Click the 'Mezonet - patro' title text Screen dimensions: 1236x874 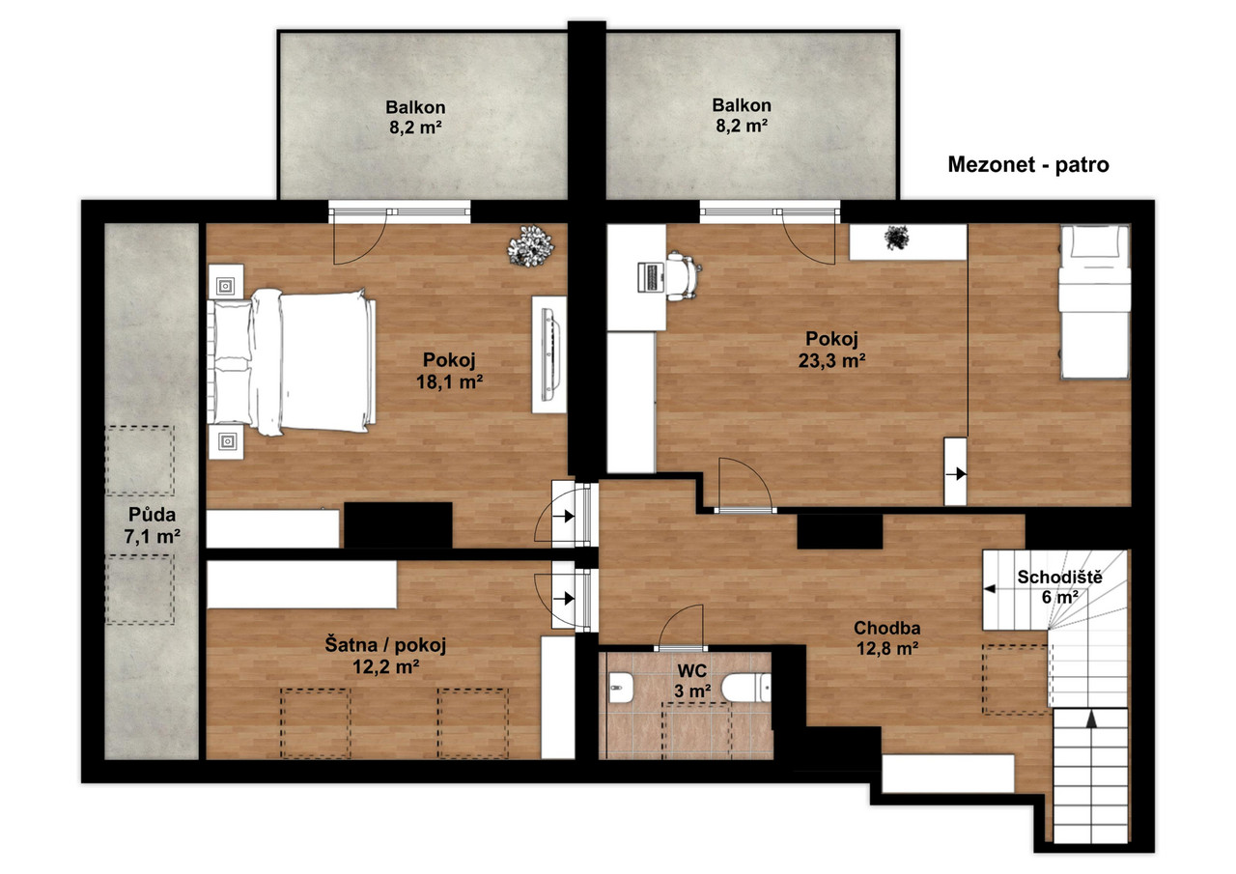(1028, 164)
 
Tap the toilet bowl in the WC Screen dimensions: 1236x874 (745, 688)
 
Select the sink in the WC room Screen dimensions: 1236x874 (621, 688)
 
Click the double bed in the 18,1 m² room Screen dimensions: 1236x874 (292, 361)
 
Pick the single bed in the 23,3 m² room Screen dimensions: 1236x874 (1094, 301)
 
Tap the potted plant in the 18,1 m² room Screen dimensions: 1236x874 (530, 246)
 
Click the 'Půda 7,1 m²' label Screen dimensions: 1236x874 (152, 525)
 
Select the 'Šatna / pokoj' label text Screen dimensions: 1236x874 (385, 644)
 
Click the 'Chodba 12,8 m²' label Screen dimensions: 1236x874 (886, 637)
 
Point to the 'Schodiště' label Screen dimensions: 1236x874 (1059, 578)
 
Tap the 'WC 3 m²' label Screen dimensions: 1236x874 (692, 680)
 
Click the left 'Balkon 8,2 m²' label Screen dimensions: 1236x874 (415, 117)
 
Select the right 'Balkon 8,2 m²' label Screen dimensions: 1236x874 (742, 115)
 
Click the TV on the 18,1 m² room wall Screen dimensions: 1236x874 (550, 354)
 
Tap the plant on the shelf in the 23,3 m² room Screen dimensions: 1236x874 (897, 238)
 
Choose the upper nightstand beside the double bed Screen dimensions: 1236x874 (226, 282)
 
